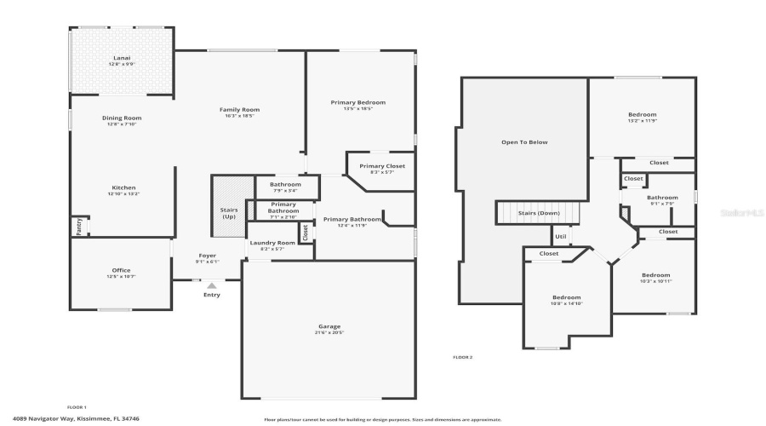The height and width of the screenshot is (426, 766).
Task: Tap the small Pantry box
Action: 78,227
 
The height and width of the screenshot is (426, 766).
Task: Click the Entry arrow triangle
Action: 212,286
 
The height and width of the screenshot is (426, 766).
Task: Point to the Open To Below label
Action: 524,142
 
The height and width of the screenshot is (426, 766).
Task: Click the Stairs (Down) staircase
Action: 538,213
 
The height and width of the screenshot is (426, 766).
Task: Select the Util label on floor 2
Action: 561,237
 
